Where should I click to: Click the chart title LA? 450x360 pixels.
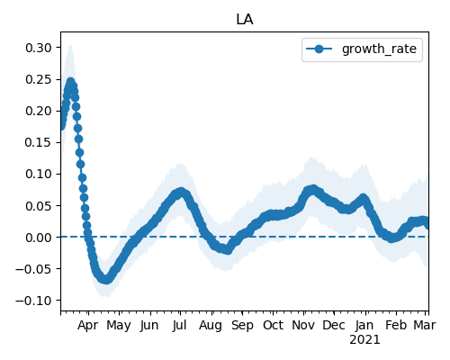pyautogui.click(x=245, y=20)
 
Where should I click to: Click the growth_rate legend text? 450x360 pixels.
pyautogui.click(x=379, y=49)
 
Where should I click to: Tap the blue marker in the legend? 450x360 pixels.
pyautogui.click(x=319, y=49)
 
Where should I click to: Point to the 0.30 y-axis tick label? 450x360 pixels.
pyautogui.click(x=39, y=48)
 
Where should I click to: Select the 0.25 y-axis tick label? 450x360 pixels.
pyautogui.click(x=39, y=79)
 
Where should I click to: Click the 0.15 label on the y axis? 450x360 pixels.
pyautogui.click(x=39, y=142)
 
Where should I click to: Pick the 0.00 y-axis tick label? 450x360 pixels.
pyautogui.click(x=39, y=238)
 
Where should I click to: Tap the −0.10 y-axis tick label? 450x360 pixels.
pyautogui.click(x=33, y=301)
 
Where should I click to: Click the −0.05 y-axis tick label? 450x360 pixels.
pyautogui.click(x=33, y=269)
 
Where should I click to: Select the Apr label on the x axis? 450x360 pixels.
pyautogui.click(x=87, y=326)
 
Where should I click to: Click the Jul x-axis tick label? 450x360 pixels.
pyautogui.click(x=179, y=325)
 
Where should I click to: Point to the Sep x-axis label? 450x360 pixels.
pyautogui.click(x=242, y=326)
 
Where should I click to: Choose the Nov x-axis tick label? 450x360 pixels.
pyautogui.click(x=303, y=325)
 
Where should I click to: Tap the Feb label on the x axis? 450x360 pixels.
pyautogui.click(x=396, y=325)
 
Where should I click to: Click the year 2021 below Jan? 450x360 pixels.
pyautogui.click(x=364, y=340)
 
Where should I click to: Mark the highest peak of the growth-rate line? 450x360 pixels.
pyautogui.click(x=70, y=82)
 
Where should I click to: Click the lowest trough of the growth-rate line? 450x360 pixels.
pyautogui.click(x=106, y=280)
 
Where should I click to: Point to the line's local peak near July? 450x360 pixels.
pyautogui.click(x=180, y=192)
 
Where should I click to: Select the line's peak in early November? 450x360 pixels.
pyautogui.click(x=313, y=189)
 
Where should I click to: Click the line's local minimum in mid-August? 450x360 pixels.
pyautogui.click(x=228, y=250)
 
